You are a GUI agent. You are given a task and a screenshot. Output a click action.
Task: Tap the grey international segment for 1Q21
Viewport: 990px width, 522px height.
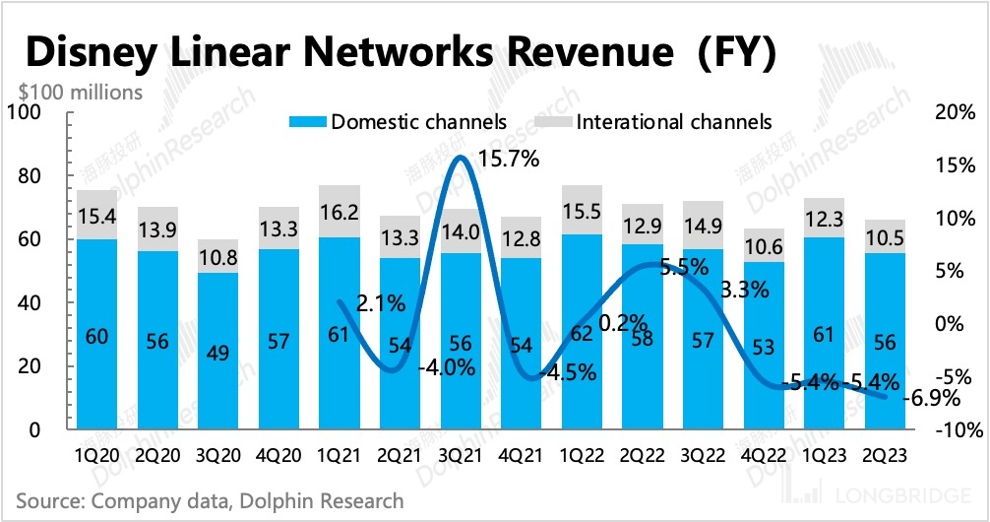pyautogui.click(x=339, y=210)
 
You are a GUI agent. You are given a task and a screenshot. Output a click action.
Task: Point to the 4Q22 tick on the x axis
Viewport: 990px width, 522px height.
pyautogui.click(x=763, y=457)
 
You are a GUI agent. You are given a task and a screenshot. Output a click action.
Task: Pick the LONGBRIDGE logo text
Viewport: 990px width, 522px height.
pyautogui.click(x=899, y=494)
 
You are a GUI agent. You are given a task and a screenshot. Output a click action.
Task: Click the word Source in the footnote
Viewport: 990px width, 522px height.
pyautogui.click(x=49, y=501)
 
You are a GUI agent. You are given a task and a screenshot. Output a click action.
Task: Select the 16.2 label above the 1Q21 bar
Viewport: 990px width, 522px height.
pyautogui.click(x=339, y=210)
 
